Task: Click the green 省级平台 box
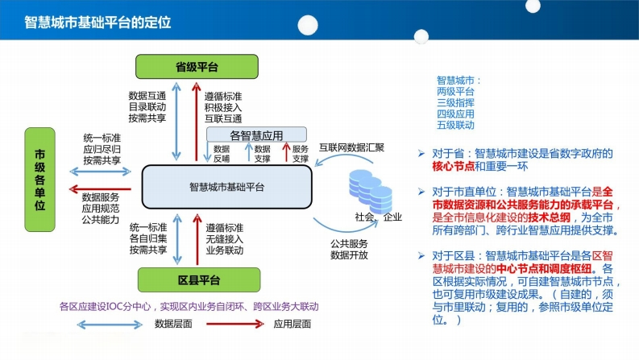click(197, 66)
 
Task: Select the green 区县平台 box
click(199, 279)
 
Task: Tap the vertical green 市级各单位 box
click(39, 180)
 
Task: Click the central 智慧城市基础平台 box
click(227, 187)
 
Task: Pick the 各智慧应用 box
click(256, 134)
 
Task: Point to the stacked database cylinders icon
click(371, 191)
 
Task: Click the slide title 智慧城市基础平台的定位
click(98, 22)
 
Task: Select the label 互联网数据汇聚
click(351, 147)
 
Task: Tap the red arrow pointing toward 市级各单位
click(100, 189)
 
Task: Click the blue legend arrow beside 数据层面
click(110, 325)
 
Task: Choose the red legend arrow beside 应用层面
click(235, 325)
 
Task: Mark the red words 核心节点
click(453, 166)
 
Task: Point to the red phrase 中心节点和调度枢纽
click(544, 269)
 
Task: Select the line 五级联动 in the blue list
click(455, 125)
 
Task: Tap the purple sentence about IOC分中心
click(189, 306)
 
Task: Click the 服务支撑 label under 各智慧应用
click(301, 154)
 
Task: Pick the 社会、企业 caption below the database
click(378, 217)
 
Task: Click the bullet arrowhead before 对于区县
click(421, 256)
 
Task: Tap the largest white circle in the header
click(308, 25)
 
